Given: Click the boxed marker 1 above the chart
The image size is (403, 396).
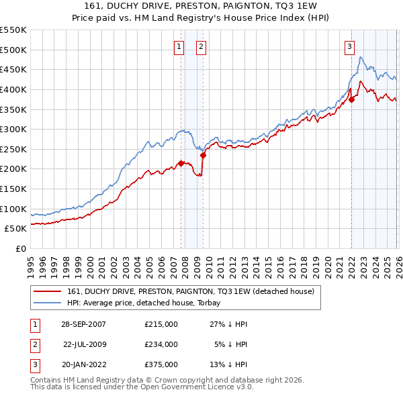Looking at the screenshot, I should point(179,47).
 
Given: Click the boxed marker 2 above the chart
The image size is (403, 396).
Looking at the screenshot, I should point(201,47).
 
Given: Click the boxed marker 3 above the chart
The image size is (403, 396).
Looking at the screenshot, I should point(350,47).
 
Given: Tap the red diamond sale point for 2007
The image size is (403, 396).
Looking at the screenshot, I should point(181,162).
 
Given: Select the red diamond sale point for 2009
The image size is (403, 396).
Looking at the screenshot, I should point(203,155).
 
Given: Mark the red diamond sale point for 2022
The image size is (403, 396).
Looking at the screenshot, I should point(351,99).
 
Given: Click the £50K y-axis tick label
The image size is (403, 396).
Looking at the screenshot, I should point(15,229).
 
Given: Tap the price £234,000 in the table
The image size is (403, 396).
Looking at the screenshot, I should point(161,344).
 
